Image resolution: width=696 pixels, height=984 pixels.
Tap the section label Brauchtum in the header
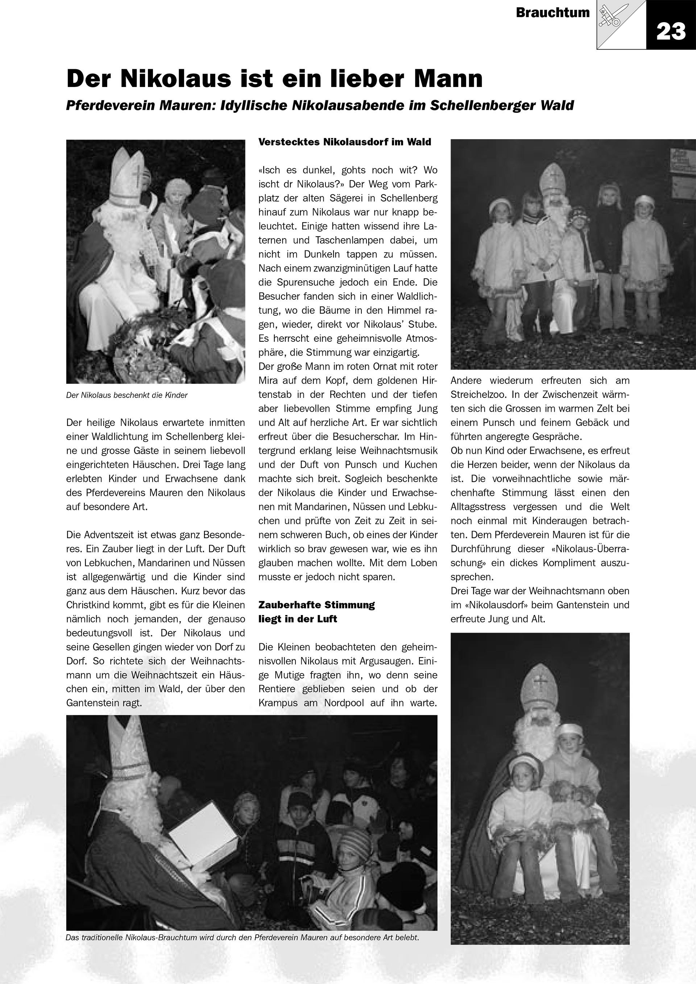tap(552, 13)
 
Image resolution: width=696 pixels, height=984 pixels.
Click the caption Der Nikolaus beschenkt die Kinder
tap(127, 395)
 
